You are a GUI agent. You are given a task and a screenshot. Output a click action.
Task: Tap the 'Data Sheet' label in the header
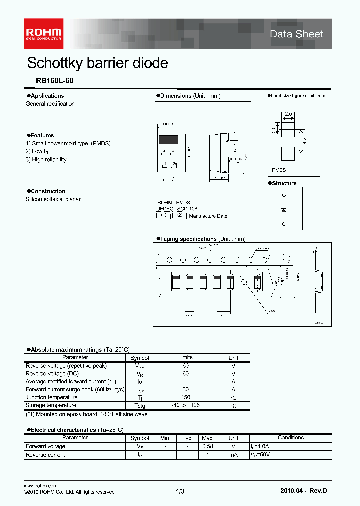(x=296, y=34)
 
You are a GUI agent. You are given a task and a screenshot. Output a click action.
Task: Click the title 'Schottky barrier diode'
(x=97, y=63)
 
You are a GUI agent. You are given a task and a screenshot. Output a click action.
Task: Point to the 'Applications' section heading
(x=47, y=96)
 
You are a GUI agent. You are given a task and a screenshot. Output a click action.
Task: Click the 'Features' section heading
(x=42, y=135)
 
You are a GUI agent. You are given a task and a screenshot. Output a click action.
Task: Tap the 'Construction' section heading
(x=47, y=191)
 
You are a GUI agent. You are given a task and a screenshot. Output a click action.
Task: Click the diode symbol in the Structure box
(x=284, y=210)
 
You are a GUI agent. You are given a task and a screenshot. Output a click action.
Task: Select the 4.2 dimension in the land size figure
(x=304, y=141)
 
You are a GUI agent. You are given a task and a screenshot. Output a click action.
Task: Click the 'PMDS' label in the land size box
(x=279, y=170)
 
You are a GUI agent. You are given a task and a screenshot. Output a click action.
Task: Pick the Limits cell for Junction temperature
(x=185, y=397)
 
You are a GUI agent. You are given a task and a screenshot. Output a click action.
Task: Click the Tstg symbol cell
(x=139, y=406)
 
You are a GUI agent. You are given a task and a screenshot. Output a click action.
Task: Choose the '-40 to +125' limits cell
(x=185, y=405)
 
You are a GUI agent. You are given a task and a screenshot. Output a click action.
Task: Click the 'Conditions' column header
(x=290, y=438)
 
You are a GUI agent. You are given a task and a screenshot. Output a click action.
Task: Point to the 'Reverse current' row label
(x=45, y=455)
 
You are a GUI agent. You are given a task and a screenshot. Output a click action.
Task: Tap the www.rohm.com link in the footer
(x=41, y=486)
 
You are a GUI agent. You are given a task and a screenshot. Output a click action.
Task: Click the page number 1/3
(x=180, y=492)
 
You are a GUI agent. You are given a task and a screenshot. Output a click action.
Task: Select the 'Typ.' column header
(x=187, y=438)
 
